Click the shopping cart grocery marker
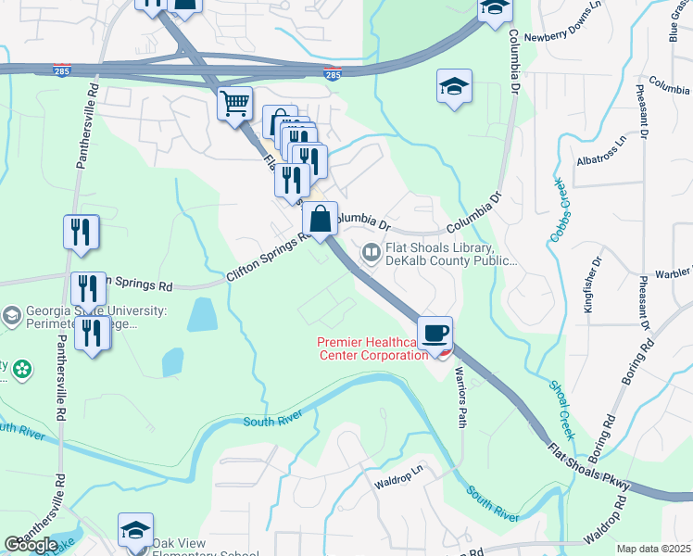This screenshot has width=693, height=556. click(x=235, y=103)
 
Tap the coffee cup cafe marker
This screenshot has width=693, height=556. click(x=434, y=332)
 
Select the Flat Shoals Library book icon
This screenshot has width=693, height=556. click(x=371, y=252)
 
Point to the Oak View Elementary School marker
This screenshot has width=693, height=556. click(x=135, y=532)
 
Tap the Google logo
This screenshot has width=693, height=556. click(x=31, y=545)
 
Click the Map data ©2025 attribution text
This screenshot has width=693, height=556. click(x=653, y=549)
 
